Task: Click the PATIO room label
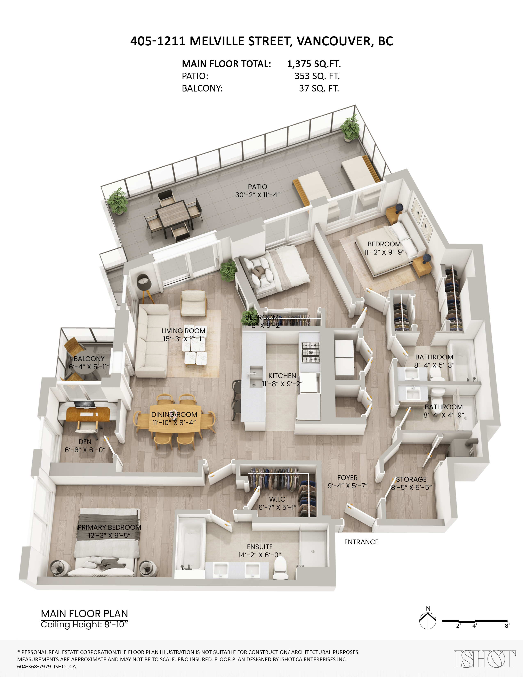[x=257, y=187]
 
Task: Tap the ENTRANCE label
[x=361, y=542]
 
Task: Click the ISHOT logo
[x=485, y=659]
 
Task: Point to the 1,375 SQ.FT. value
[x=314, y=64]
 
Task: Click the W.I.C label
[x=277, y=499]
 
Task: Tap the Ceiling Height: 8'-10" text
[x=84, y=624]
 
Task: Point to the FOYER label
[x=347, y=478]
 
